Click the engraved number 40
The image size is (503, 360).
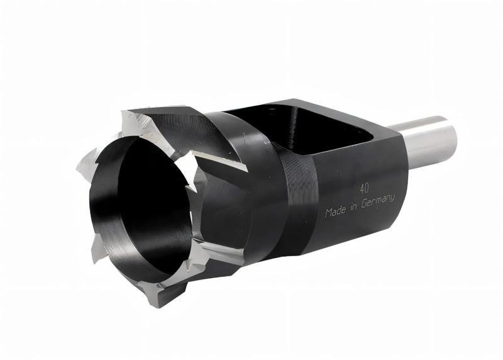tap(364, 188)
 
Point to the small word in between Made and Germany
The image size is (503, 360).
tap(355, 206)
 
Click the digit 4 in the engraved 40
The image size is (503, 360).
tap(362, 188)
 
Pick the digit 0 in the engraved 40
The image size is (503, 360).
tap(367, 188)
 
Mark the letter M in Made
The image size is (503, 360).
tap(329, 213)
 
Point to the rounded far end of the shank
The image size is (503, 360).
tap(451, 132)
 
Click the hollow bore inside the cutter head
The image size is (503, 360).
tap(151, 201)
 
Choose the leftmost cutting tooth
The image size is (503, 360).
tap(85, 164)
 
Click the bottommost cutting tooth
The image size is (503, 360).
tap(157, 296)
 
